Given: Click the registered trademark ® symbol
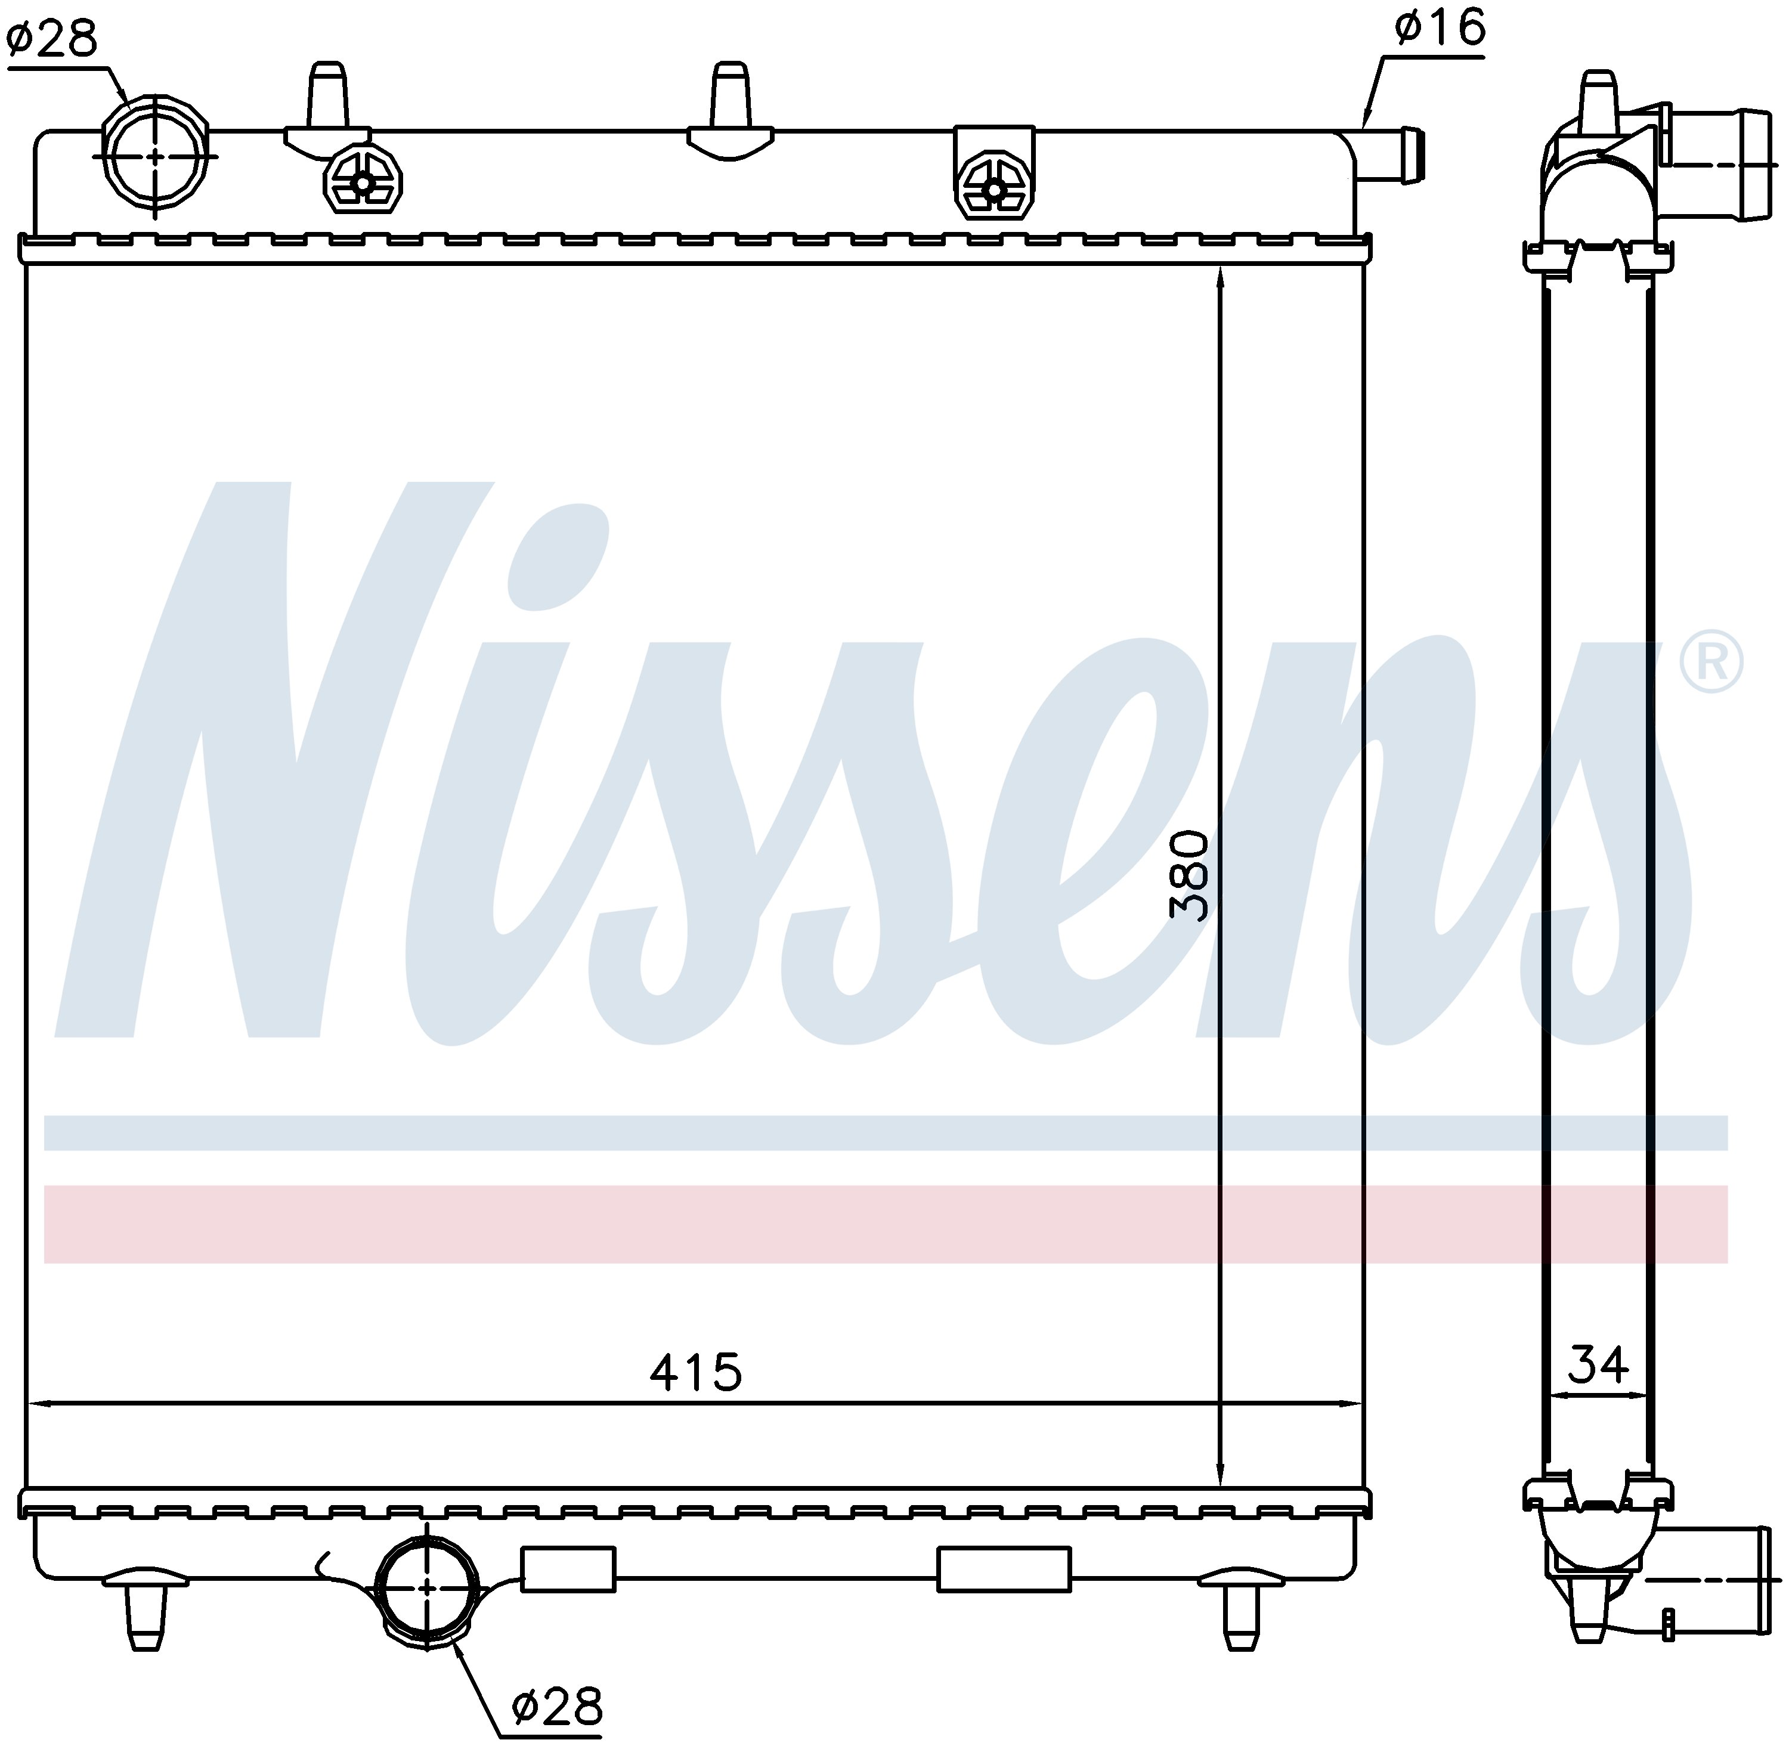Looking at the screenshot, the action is tap(1711, 662).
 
